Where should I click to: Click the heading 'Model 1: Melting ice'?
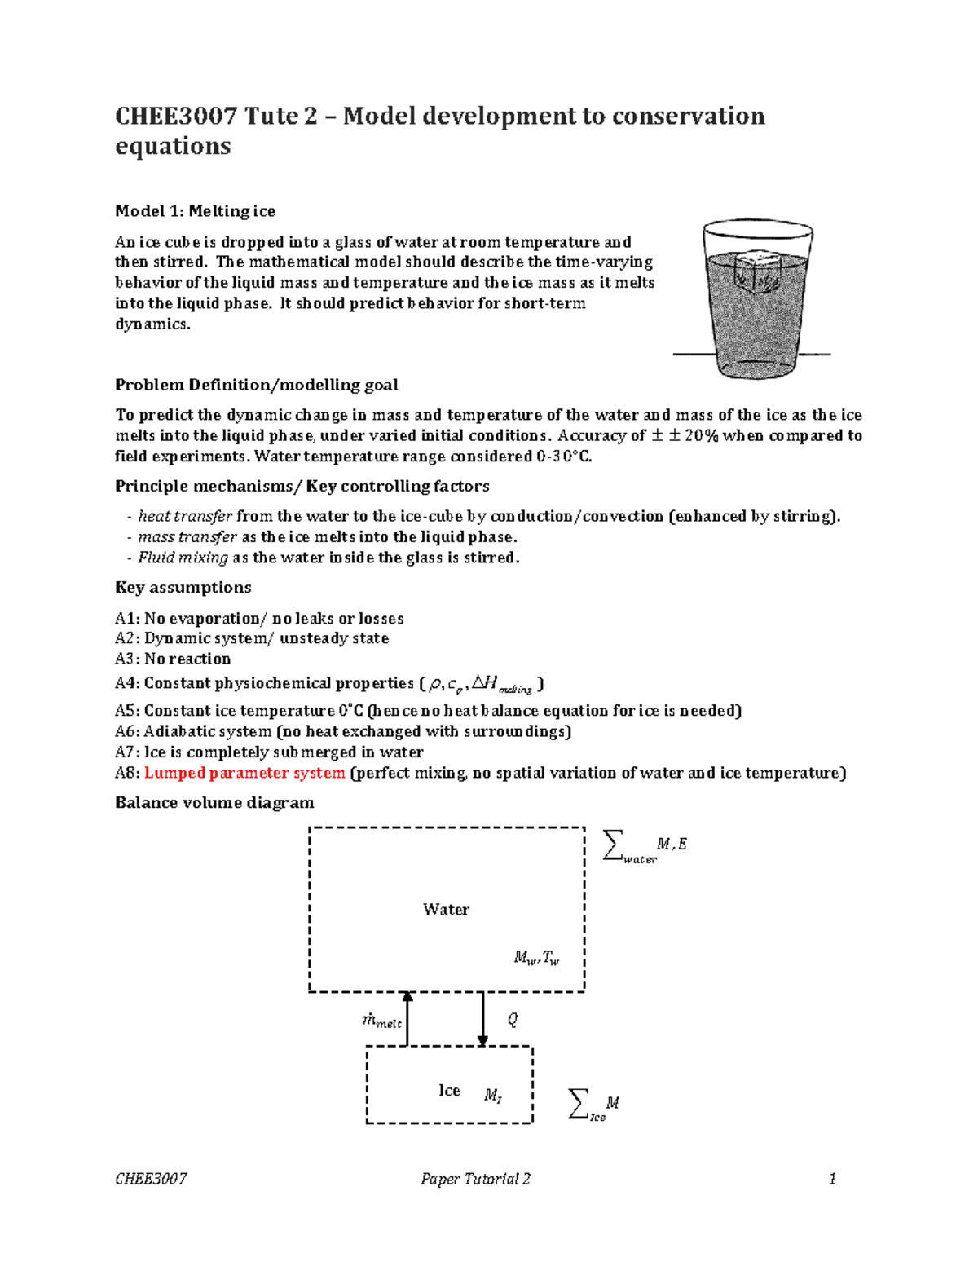coord(195,211)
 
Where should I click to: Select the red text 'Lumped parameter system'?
coord(244,773)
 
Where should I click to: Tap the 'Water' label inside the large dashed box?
coord(446,909)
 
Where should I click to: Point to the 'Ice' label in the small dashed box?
coord(449,1091)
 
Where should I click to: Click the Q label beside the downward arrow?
coord(513,1020)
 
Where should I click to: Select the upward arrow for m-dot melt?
coord(407,1018)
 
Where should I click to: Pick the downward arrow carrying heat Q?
coord(482,1019)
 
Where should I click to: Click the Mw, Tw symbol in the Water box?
coord(536,958)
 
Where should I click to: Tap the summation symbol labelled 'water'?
coord(613,845)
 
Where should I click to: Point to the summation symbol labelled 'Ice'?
coord(578,1104)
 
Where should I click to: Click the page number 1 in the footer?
coord(832,1179)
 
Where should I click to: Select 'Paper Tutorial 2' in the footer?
coord(475,1179)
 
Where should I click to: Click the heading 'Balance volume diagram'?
coord(214,802)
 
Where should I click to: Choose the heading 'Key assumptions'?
coord(183,588)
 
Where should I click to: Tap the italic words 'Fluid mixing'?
coord(183,558)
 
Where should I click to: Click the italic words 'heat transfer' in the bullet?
coord(185,516)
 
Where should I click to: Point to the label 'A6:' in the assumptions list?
coord(127,731)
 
